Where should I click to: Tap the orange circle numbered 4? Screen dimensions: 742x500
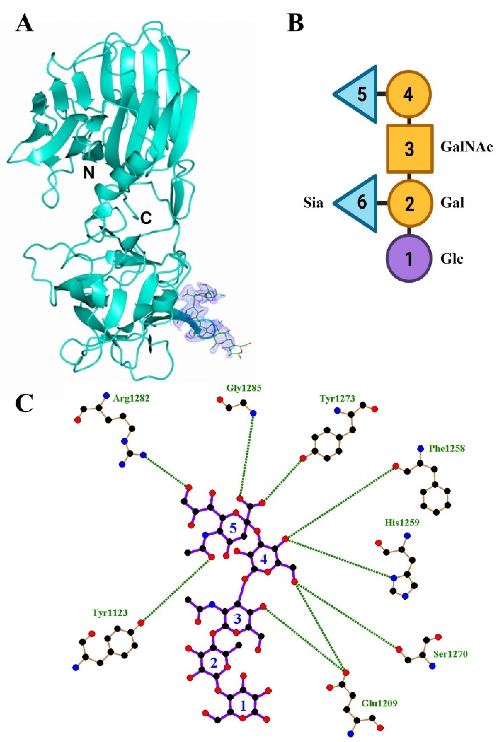coord(409,95)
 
